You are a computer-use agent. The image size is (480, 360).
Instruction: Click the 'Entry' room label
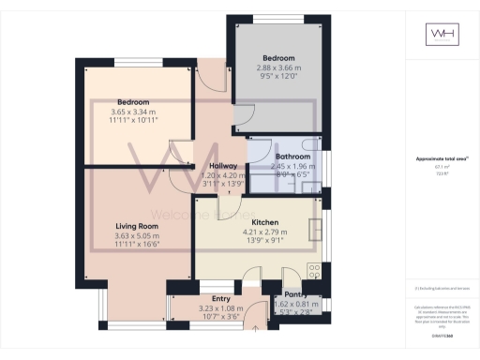point(221,298)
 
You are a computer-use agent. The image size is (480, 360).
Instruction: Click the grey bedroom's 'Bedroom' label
point(277,58)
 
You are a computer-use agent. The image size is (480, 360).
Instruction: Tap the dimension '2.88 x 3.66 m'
point(277,67)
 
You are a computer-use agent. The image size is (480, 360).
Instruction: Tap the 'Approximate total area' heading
point(442,159)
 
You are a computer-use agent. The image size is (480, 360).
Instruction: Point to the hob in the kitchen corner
point(314,269)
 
